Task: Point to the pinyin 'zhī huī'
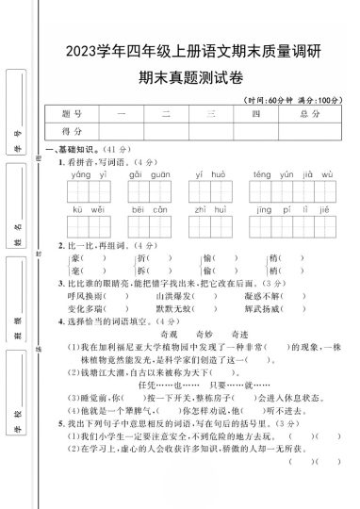(205, 211)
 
